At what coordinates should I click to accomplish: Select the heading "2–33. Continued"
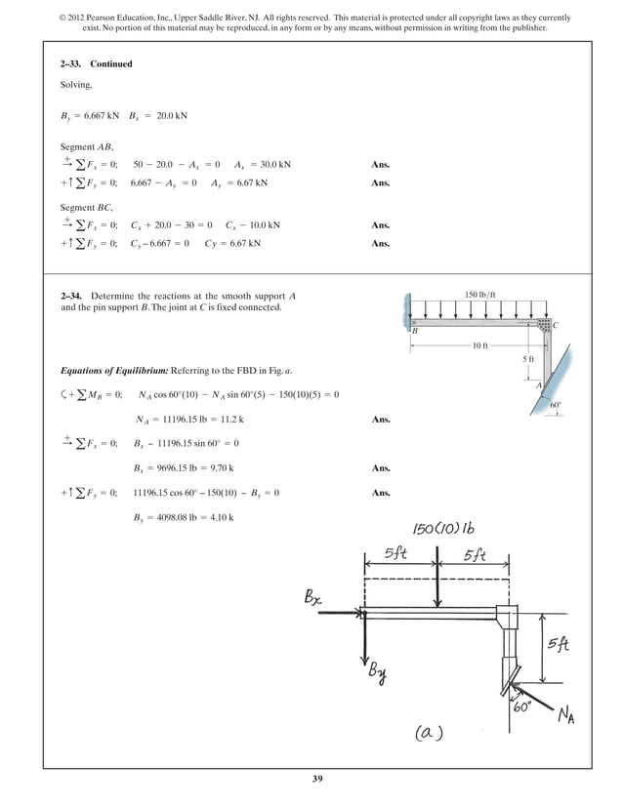pos(97,64)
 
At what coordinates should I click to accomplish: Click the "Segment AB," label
pos(86,146)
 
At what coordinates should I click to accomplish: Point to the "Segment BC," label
pos(87,207)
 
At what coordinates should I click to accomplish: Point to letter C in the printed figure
pos(556,325)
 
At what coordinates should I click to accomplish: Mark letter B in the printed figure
pos(414,332)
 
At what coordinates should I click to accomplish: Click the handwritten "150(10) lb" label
pos(441,529)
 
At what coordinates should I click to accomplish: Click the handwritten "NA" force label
pos(564,718)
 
